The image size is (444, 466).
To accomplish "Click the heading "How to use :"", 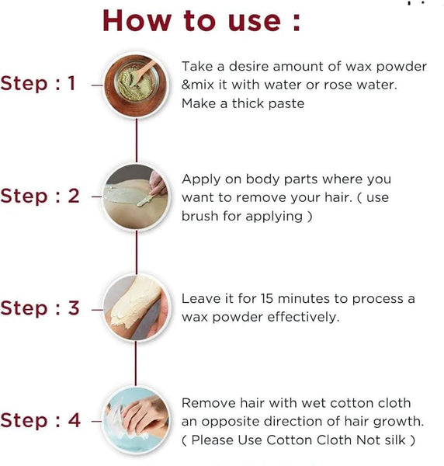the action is coord(202,20).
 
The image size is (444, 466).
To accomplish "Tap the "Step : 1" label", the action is coord(38,83).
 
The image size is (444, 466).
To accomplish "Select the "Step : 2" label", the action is coord(40,196).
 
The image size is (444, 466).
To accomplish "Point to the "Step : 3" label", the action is coord(40,308).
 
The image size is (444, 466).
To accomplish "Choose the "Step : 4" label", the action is coord(40,420).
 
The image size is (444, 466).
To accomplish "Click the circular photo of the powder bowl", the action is coord(137,85).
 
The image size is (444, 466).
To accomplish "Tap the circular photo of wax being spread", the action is coord(137,197).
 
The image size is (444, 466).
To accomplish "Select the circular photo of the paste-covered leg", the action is coord(137,308).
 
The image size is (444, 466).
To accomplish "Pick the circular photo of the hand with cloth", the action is coord(137,420).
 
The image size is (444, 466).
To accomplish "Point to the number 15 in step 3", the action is coord(267,299).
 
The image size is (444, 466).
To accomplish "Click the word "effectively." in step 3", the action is coord(304,317).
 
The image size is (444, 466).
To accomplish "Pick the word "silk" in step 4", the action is coord(395,440).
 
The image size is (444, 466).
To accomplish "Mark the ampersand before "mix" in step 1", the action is coord(186,85).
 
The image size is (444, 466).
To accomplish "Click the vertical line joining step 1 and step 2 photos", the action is coord(137,141).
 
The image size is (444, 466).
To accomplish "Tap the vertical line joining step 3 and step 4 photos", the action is coord(136,364).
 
